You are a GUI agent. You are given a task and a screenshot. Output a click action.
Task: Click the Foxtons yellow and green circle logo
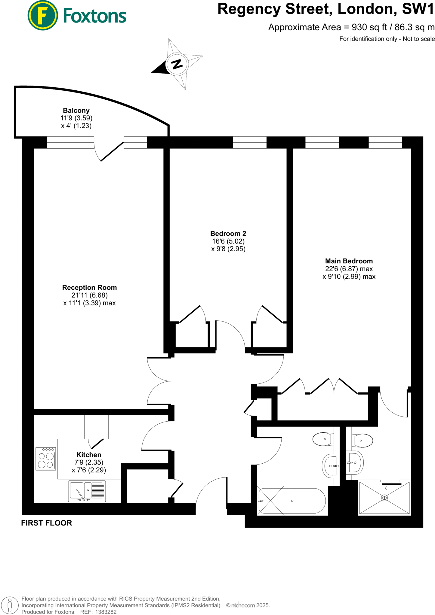42,15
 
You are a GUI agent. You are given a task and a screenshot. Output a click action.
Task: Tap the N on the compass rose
177,64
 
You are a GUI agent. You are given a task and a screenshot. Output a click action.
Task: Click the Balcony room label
76,111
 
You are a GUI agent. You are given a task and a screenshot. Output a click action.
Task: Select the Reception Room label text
89,287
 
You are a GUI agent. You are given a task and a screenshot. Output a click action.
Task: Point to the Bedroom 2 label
228,233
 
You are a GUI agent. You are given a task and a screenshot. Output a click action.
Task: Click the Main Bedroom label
349,261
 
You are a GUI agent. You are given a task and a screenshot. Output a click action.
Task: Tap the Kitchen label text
89,455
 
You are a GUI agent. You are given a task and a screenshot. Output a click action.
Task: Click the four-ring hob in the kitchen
46,459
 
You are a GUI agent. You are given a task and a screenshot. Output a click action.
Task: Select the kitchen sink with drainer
87,491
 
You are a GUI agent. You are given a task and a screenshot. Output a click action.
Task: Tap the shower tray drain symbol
384,498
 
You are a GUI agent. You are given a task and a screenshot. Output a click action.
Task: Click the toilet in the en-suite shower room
363,441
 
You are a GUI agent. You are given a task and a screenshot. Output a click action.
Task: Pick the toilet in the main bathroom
323,439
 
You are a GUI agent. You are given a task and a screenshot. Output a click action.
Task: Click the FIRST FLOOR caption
47,523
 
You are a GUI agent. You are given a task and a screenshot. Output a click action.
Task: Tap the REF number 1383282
106,612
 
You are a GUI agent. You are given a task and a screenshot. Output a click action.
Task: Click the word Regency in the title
249,9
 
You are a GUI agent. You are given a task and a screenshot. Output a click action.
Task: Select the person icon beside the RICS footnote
10,605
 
